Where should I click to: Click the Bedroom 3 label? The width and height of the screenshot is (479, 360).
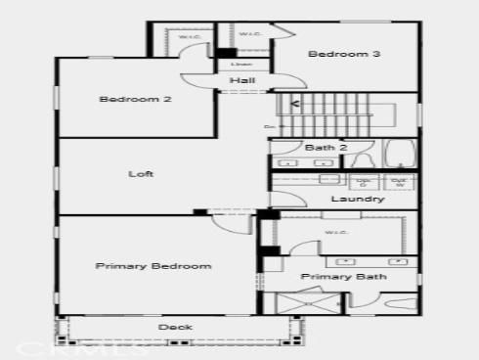343,55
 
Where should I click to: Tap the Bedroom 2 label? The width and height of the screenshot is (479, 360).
135,99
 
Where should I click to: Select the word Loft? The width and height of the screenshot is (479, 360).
142,174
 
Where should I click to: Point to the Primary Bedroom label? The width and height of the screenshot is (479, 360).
153,266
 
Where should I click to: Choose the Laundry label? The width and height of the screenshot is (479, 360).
357,200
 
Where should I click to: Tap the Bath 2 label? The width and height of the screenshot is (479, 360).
327,148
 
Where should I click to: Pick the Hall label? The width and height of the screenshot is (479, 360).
242,80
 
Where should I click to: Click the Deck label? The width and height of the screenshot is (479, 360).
175,327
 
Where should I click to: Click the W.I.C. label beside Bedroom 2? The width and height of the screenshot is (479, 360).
189,38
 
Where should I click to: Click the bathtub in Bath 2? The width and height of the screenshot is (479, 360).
400,155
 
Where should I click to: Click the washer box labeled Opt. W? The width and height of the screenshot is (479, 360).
399,181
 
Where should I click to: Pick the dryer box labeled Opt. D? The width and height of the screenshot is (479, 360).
365,181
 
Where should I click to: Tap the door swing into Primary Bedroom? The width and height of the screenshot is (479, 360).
227,220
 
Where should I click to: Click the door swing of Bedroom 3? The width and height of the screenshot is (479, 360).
283,31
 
